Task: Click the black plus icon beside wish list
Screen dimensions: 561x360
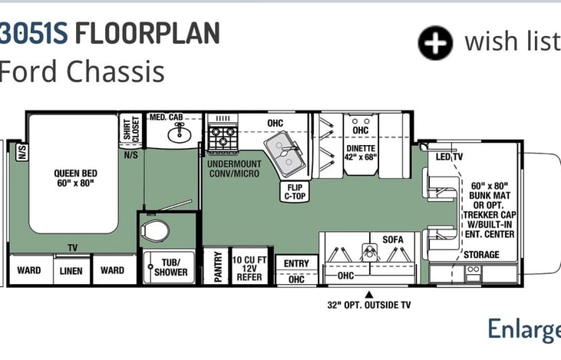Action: tap(435, 42)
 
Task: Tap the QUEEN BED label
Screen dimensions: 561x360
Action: tap(75, 178)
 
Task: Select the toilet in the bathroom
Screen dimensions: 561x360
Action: tap(155, 231)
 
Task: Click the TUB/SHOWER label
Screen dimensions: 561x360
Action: tap(170, 267)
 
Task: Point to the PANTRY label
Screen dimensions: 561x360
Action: tap(217, 266)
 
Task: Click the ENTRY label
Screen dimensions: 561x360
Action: tap(296, 264)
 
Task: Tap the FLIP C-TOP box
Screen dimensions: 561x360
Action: tap(295, 192)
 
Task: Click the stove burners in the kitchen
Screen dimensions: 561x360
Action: tap(223, 137)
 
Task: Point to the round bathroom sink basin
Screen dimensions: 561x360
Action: tap(180, 134)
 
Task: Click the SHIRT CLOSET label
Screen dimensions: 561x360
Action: tap(131, 128)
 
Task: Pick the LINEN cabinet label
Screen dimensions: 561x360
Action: tap(71, 271)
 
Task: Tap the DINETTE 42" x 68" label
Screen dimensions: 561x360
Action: tap(361, 153)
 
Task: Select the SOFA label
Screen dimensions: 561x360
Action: tap(393, 239)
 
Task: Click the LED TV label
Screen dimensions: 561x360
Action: tap(450, 157)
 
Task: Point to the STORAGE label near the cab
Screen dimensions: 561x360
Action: tap(482, 255)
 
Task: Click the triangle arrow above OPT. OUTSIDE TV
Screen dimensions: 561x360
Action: tap(369, 295)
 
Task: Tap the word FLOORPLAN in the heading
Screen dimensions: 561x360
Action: tap(147, 33)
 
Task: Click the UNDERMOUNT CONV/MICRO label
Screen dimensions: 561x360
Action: tap(234, 169)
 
